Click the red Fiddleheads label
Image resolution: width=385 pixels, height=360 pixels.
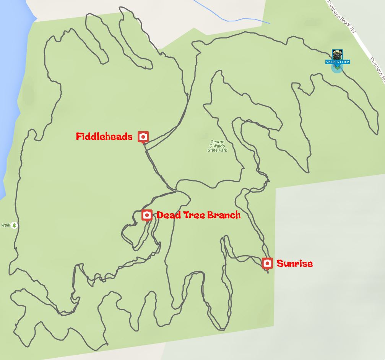104,136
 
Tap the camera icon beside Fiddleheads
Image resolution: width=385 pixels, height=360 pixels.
143,136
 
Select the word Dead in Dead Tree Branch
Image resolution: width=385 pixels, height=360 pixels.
167,215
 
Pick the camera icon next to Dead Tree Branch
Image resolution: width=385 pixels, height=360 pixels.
147,215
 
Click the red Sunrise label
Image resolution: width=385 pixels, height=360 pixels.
294,263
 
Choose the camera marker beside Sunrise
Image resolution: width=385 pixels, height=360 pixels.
268,263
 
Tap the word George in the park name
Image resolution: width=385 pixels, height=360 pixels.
217,142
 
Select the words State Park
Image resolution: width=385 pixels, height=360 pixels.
217,151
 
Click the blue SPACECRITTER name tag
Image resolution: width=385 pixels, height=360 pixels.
337,62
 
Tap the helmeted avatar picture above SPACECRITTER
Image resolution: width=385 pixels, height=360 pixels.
337,54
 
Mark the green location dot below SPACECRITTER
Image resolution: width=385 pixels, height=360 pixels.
337,68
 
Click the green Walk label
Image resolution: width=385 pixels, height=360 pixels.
5,225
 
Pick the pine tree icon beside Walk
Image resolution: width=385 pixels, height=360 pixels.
15,225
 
